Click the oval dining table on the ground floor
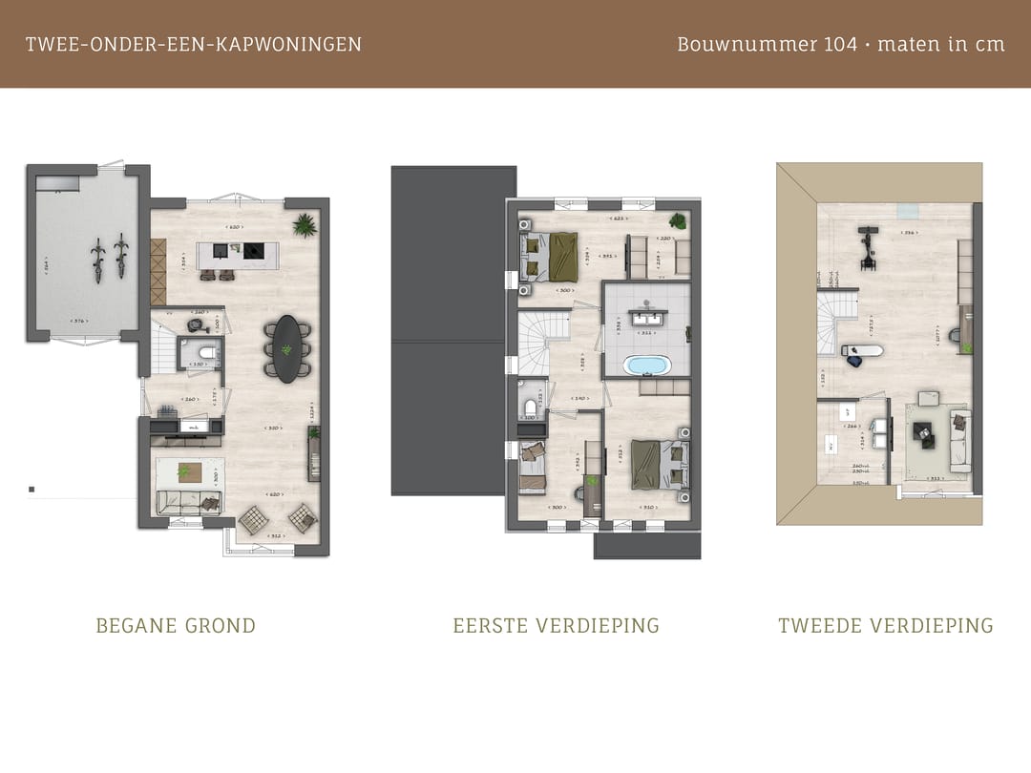pos(285,347)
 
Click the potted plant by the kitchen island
pos(305,226)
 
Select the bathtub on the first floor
pos(647,366)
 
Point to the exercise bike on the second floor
pos(867,245)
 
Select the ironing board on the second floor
pos(863,350)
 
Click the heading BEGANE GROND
pos(176,626)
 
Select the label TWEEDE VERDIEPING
pos(885,626)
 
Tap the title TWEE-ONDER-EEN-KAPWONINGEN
pos(194,44)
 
